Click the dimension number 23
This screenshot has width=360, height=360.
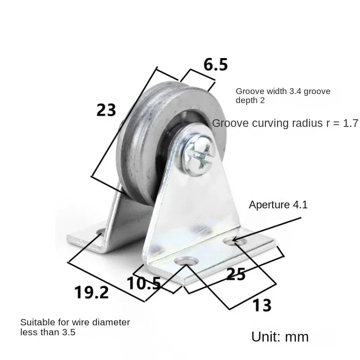pyautogui.click(x=106, y=110)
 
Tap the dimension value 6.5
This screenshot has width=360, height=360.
pyautogui.click(x=216, y=64)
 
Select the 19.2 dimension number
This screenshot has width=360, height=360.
pyautogui.click(x=91, y=292)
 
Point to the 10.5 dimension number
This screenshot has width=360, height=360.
pyautogui.click(x=144, y=283)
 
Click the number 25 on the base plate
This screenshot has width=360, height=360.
pyautogui.click(x=236, y=274)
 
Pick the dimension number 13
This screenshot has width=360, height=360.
pyautogui.click(x=262, y=306)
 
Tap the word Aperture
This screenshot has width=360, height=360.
pyautogui.click(x=266, y=205)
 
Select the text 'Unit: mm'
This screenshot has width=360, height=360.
pyautogui.click(x=280, y=337)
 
